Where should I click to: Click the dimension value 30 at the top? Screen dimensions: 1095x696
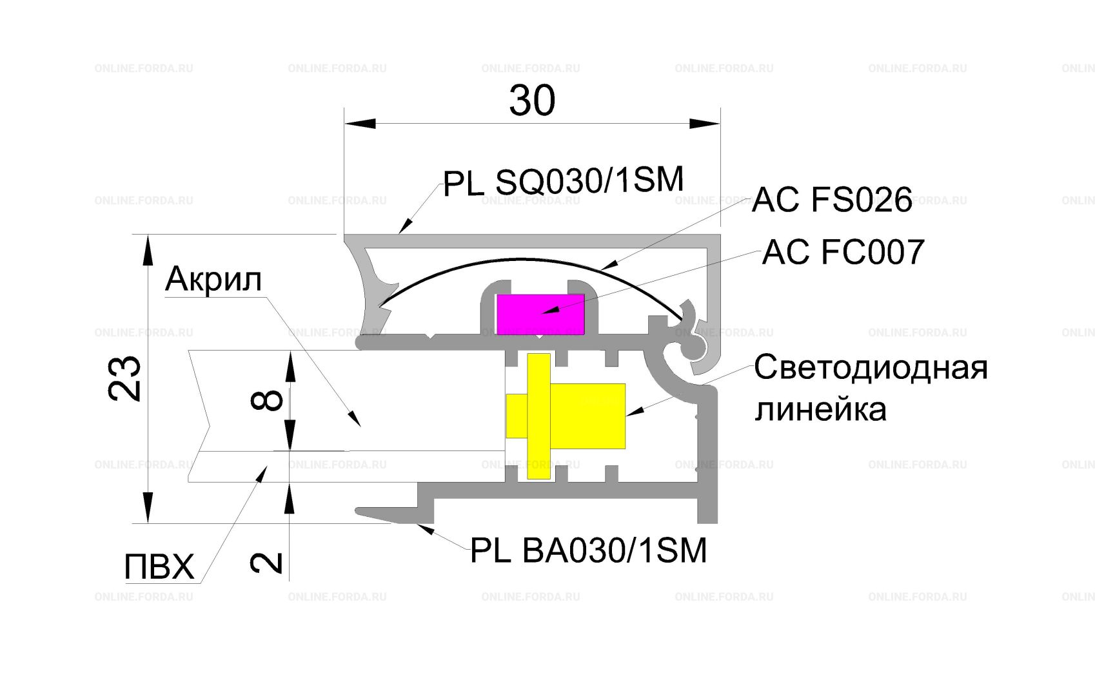(532, 100)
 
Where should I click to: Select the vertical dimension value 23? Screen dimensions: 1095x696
(124, 378)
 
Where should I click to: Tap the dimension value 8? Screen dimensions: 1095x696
(267, 400)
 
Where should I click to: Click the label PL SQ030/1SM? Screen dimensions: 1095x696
(563, 181)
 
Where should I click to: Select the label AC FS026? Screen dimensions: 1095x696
(831, 200)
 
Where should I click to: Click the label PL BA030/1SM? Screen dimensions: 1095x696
(589, 550)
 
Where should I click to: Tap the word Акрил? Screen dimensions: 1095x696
(213, 280)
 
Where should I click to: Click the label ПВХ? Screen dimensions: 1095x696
(159, 567)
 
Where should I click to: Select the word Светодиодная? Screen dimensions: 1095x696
(871, 368)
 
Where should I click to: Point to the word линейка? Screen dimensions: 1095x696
(820, 409)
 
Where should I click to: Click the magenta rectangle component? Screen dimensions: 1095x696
(540, 314)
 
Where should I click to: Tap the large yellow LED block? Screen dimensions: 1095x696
(587, 416)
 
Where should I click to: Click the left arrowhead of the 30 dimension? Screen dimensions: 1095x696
(360, 123)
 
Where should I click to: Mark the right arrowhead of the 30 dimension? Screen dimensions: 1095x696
(704, 123)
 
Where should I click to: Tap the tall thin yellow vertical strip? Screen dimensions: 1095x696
(538, 416)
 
